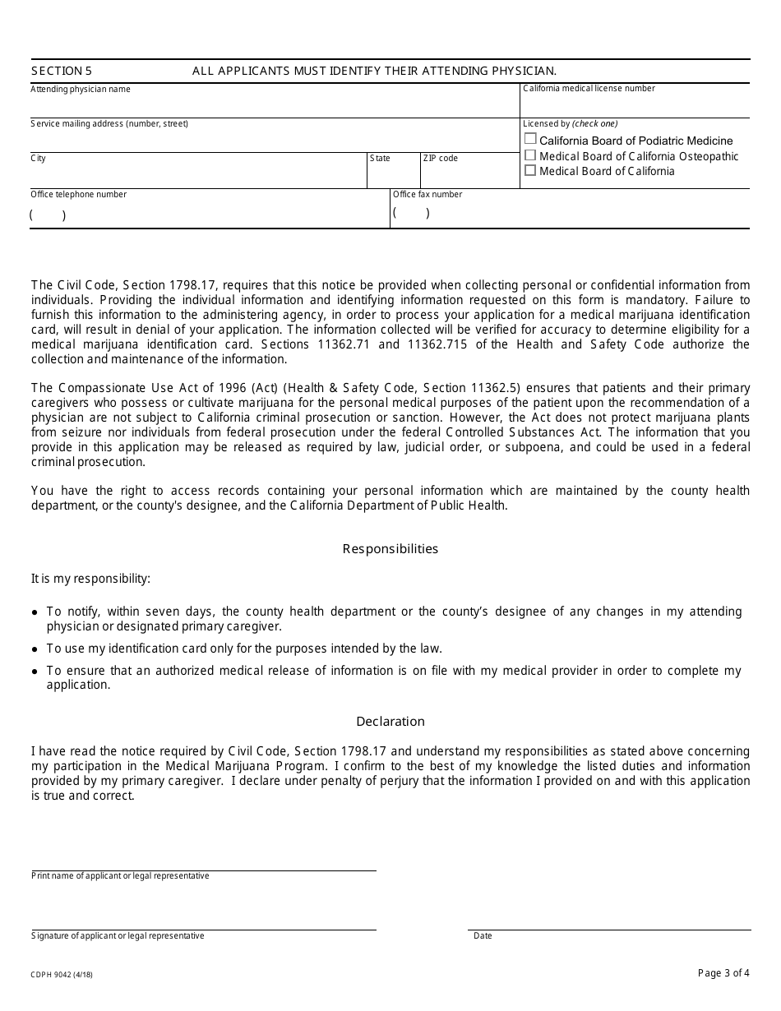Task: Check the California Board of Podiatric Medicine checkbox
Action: (x=530, y=140)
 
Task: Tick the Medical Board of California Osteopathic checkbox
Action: (x=530, y=155)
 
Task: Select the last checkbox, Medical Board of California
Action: (x=530, y=171)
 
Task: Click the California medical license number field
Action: (x=635, y=106)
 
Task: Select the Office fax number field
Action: (x=569, y=214)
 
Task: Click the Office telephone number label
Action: (x=79, y=195)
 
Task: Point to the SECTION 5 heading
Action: (x=62, y=72)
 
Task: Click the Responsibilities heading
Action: (x=390, y=549)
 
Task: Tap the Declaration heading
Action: (x=390, y=722)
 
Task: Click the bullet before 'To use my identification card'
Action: (x=35, y=649)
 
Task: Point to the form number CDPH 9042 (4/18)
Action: (x=62, y=975)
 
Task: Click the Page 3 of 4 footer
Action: (x=723, y=973)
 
